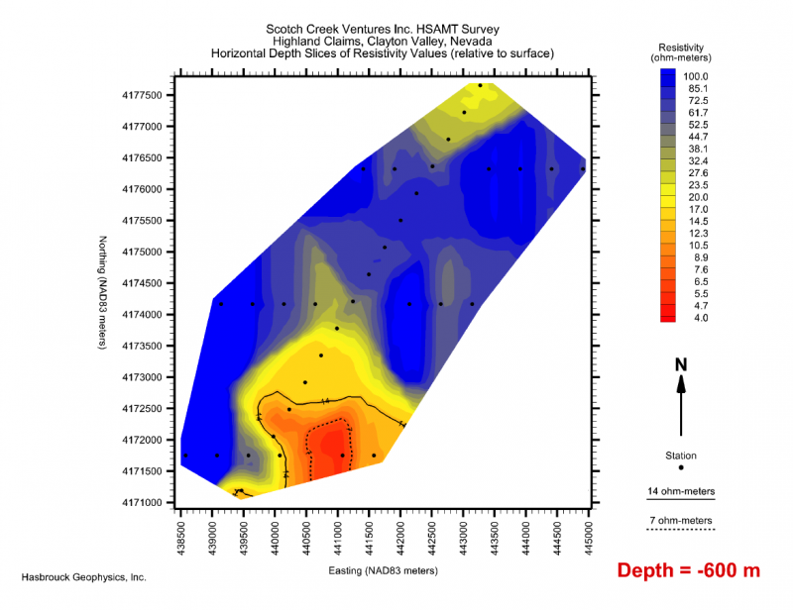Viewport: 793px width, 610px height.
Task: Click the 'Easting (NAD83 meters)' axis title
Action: (385, 571)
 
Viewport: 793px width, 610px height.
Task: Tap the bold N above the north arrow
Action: (681, 364)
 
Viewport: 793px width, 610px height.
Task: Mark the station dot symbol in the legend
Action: (681, 467)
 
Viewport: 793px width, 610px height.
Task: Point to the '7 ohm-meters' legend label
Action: (680, 520)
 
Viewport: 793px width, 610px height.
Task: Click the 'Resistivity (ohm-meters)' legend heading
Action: (681, 53)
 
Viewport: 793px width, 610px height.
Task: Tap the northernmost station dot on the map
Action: (480, 85)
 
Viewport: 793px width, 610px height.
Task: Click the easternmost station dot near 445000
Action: (583, 169)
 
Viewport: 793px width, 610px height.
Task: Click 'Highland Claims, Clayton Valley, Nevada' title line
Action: (382, 41)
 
